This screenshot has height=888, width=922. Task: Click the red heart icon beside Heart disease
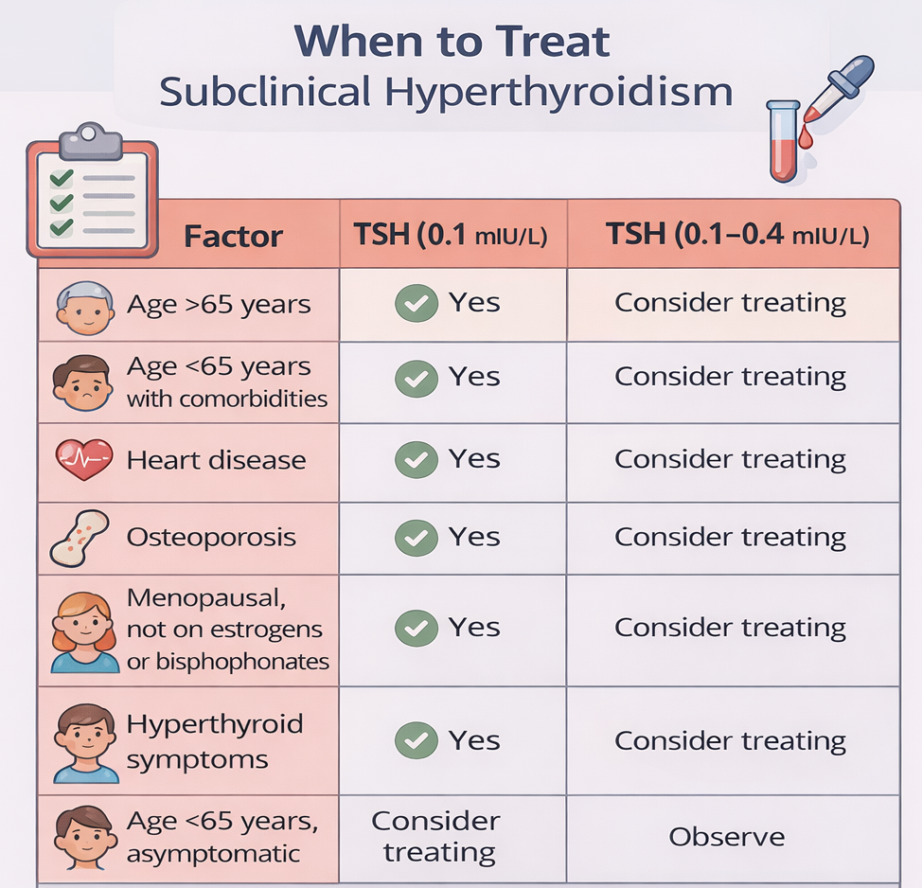tap(84, 460)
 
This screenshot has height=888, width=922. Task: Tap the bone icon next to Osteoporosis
tap(80, 537)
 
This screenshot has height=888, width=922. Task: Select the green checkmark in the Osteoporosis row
tap(416, 537)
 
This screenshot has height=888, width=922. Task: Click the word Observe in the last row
tap(727, 837)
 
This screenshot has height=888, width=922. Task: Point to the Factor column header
tap(233, 236)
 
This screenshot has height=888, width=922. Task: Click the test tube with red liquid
tap(782, 142)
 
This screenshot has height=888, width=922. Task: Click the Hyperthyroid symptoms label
tap(215, 741)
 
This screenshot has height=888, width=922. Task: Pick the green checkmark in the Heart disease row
tap(416, 460)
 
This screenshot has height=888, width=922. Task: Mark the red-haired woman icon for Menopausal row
tap(84, 630)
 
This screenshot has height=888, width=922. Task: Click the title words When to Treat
tap(452, 42)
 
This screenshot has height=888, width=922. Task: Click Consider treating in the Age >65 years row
tap(730, 303)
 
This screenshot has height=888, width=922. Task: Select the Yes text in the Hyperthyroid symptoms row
tap(474, 740)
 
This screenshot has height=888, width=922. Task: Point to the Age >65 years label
tap(219, 305)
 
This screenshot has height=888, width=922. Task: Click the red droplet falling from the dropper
tap(805, 138)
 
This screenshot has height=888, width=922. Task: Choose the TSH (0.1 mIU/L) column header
tap(452, 235)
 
